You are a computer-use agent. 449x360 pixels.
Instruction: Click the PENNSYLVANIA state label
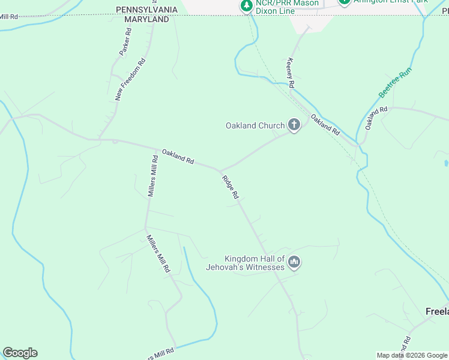coord(146,10)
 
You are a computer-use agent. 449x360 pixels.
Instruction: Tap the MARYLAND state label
coord(146,20)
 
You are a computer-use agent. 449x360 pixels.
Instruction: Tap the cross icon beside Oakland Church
coord(294,125)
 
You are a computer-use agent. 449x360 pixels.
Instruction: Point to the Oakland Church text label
coord(255,125)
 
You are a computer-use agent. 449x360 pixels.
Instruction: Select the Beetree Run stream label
coord(396,83)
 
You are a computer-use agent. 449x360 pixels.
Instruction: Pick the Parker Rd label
coord(125,43)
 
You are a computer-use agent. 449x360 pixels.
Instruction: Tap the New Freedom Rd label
coord(130,79)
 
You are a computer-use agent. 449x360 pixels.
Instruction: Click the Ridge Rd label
coord(231,187)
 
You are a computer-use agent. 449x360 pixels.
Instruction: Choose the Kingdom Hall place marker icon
coord(294,262)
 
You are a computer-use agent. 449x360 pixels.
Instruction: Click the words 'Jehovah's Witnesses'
coord(245,267)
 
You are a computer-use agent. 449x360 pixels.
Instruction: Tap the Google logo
coord(20,353)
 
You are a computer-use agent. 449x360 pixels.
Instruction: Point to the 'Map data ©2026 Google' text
coord(412,355)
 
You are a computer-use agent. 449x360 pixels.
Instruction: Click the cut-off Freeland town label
coord(436,311)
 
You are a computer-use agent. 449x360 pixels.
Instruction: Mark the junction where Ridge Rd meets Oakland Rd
coord(220,170)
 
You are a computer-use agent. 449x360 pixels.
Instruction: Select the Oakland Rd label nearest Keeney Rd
coord(325,124)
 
